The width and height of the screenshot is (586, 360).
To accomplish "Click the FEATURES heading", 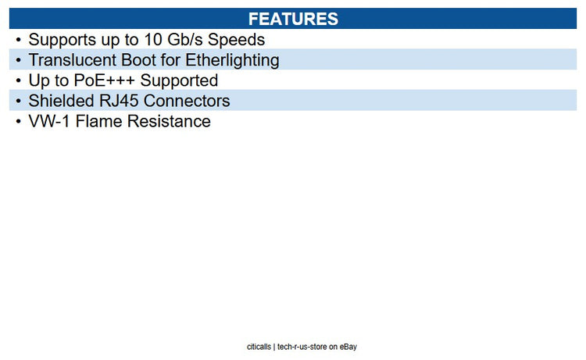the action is (293, 19).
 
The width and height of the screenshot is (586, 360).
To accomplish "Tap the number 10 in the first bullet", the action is (153, 40).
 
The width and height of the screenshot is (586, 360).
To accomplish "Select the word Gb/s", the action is (184, 40).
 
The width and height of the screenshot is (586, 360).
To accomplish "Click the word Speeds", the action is (236, 40).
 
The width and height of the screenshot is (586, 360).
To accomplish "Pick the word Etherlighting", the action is (232, 60).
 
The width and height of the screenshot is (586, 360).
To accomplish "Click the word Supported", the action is (179, 80).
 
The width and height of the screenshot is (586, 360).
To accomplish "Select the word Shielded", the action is (61, 101).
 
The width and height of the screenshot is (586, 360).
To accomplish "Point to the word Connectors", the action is (187, 101).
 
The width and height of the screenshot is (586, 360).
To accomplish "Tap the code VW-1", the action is (49, 121).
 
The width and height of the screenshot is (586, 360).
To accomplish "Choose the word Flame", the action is (98, 121).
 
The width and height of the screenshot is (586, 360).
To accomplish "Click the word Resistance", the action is (169, 121).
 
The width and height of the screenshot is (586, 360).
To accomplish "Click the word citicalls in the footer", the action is (259, 347).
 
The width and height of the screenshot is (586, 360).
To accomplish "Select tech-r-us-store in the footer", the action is (302, 347).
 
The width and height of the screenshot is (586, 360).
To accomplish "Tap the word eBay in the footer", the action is (348, 347).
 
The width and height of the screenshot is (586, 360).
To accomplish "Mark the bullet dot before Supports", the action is (19, 40).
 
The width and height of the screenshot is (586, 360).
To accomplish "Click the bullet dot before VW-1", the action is (19, 121).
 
